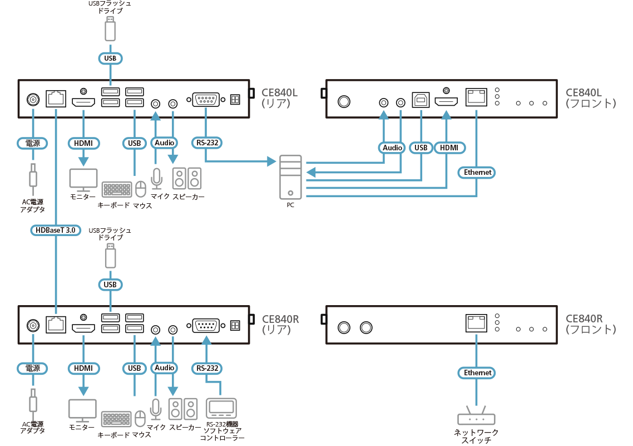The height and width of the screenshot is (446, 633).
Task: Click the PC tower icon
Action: click(x=291, y=177)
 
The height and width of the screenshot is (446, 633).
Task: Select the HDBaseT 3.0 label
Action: click(x=56, y=229)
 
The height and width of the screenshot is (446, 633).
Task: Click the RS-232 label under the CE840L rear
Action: click(x=207, y=143)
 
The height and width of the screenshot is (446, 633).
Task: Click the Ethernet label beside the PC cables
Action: click(x=478, y=172)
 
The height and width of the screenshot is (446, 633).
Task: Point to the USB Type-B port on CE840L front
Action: click(x=421, y=100)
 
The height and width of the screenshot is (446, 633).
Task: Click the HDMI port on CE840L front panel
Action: click(x=446, y=102)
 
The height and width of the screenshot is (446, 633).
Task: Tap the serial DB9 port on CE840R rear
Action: click(x=206, y=326)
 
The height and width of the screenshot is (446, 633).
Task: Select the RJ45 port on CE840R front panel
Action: click(x=476, y=322)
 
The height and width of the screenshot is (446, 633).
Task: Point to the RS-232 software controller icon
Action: click(x=221, y=408)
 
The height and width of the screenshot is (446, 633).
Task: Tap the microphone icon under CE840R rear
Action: click(x=156, y=410)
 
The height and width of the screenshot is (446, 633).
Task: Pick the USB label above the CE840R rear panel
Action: click(x=110, y=285)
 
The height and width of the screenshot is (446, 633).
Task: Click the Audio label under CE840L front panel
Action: click(x=392, y=148)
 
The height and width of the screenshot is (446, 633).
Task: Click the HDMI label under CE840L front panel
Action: click(x=448, y=148)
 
